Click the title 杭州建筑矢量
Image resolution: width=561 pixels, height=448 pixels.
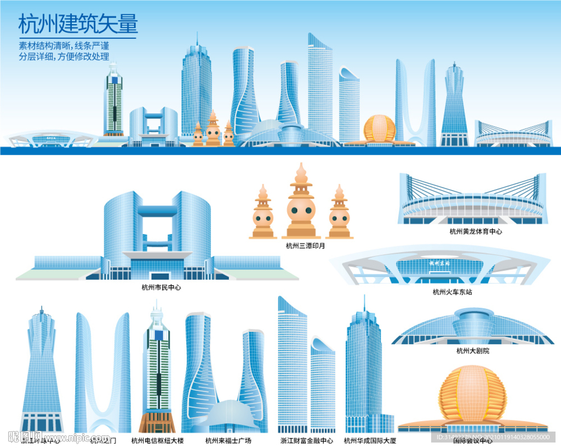pos(78,25)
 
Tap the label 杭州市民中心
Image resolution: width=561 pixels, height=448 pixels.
pos(161,287)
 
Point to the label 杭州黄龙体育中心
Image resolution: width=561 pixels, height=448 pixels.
pos(476,231)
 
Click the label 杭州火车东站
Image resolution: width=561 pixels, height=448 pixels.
pos(452,292)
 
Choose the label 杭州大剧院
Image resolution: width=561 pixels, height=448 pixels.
pos(473,351)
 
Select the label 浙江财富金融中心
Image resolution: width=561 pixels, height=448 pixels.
pos(307,440)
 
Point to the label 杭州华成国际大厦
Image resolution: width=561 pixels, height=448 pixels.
pos(370,440)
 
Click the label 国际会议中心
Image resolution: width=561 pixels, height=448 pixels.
pos(473,440)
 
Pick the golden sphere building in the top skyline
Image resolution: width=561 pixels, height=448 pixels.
pos(379,129)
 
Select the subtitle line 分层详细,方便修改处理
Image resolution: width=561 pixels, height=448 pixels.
pos(64,56)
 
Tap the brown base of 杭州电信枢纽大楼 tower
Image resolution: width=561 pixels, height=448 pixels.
pos(157,421)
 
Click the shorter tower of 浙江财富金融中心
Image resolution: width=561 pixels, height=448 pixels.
pos(323,384)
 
